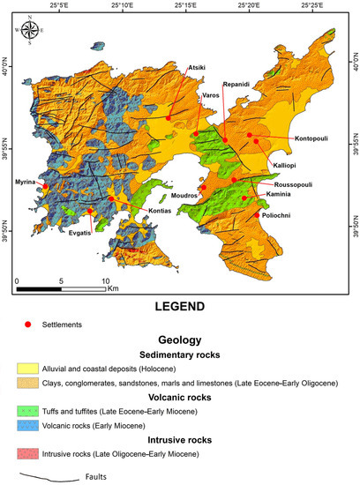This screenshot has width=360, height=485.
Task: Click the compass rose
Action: [32, 31]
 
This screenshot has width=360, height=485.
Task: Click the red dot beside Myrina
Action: [45, 187]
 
